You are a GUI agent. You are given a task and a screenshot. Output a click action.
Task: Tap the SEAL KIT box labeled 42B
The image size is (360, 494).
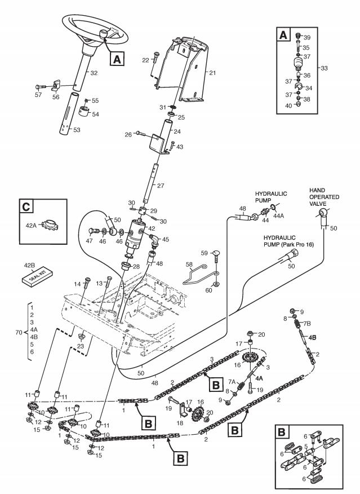37,274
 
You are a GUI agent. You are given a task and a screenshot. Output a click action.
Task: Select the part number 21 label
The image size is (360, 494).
212,73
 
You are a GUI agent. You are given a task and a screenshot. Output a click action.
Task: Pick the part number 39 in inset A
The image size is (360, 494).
323,38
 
